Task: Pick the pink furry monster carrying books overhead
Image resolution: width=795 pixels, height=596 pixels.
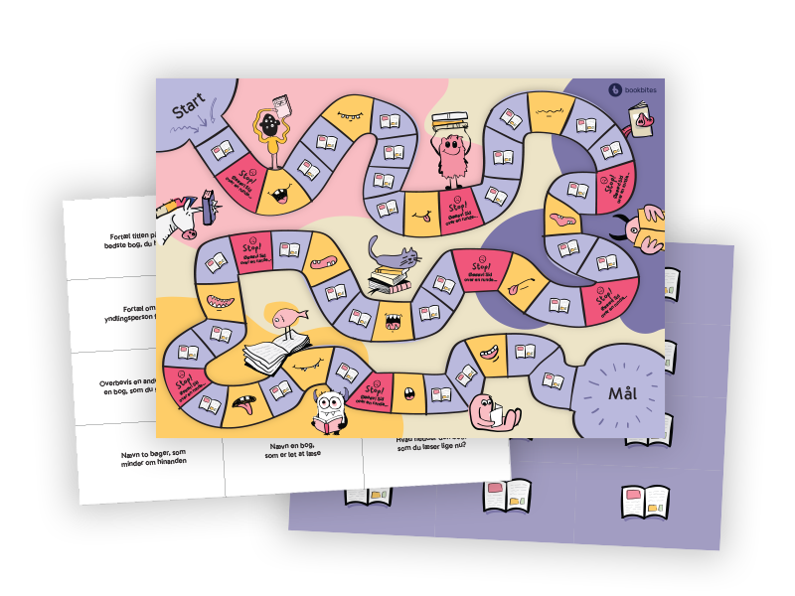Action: tap(450, 159)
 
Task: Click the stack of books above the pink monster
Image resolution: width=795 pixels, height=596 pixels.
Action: tap(450, 122)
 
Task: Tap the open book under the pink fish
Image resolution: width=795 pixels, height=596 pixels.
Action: tap(273, 356)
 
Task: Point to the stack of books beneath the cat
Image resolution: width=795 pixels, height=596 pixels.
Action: tap(390, 280)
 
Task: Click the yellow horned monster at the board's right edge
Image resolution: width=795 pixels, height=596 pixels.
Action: tap(647, 229)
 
